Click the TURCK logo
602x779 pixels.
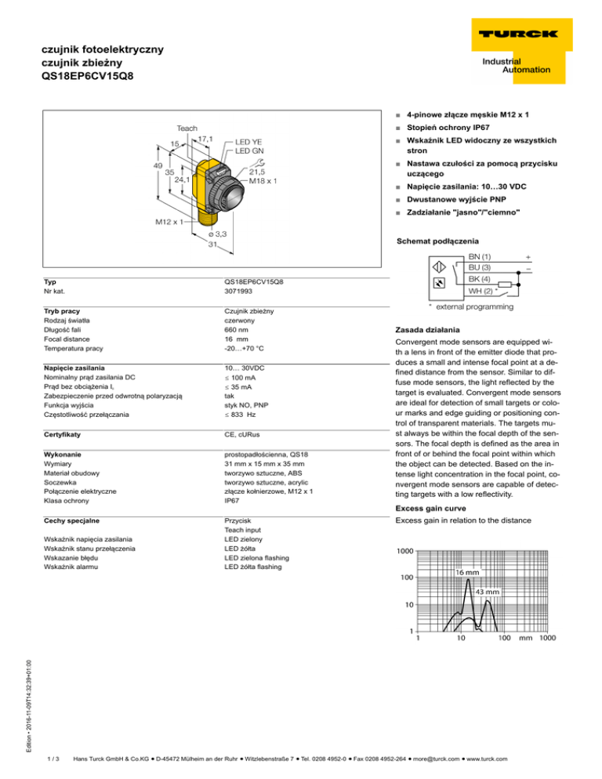click(x=514, y=34)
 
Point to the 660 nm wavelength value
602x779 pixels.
click(x=237, y=330)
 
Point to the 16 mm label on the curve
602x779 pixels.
click(x=470, y=572)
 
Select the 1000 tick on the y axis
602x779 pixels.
click(x=405, y=551)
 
